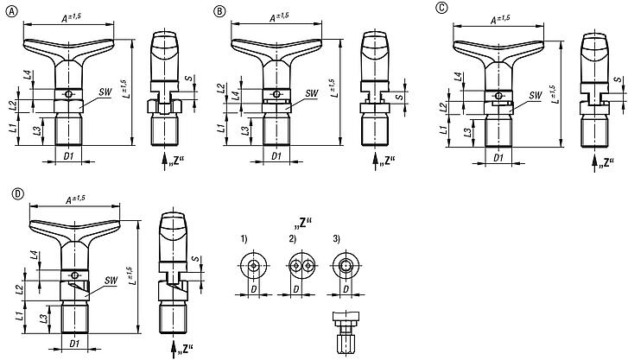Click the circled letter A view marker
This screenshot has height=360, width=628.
coord(10,11)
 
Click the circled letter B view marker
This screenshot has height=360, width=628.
coord(220,11)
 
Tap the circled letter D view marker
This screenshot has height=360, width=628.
coord(18,193)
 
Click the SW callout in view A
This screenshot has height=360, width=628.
coord(104,91)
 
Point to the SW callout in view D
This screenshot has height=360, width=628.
coord(110,280)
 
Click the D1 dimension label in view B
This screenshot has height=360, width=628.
coord(275,156)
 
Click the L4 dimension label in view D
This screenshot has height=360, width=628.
coord(33,255)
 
